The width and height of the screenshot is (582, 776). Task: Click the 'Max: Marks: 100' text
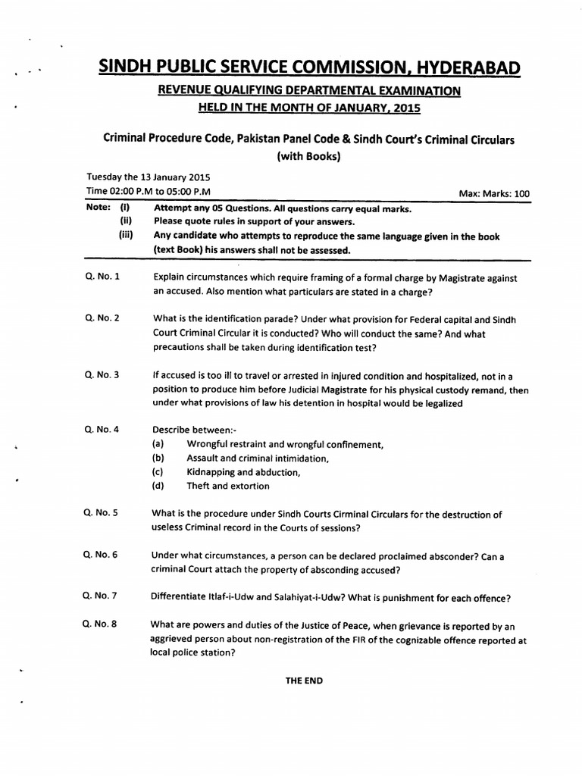coord(494,194)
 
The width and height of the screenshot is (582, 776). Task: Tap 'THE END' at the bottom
coord(304,681)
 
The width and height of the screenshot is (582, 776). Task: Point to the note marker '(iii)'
coord(125,235)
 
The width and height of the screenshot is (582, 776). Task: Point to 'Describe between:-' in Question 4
coord(195,430)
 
